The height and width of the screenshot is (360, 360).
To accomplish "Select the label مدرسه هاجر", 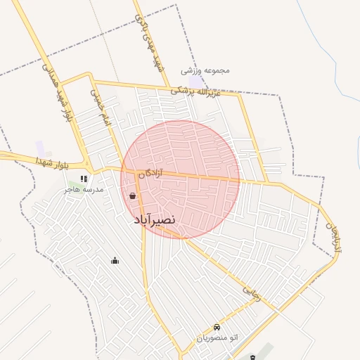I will coord(84,189).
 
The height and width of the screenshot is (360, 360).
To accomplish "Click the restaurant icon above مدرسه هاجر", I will coord(84,179).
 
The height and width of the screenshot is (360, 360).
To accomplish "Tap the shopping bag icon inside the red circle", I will coord(133,196).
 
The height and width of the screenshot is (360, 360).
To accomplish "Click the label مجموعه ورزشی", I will coord(205,70).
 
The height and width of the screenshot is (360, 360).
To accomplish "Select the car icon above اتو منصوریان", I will coord(217,327).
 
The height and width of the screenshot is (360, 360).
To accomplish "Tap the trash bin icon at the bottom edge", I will coord(252,357).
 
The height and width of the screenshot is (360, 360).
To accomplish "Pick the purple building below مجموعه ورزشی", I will coord(196,82).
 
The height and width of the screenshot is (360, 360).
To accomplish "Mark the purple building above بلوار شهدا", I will coord(41,148).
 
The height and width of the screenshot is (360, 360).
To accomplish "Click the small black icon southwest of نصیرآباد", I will coord(115,261).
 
